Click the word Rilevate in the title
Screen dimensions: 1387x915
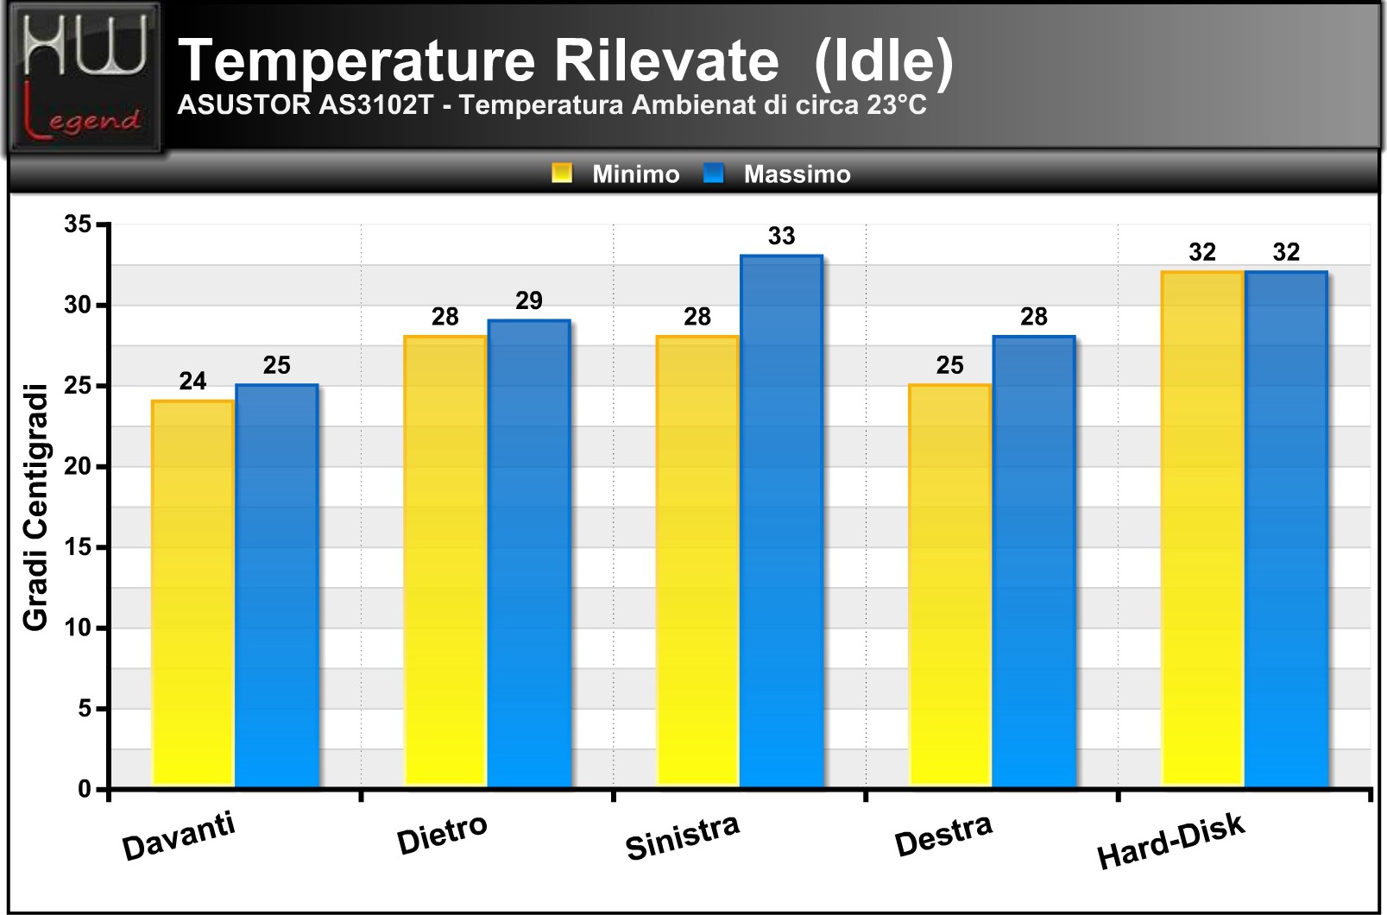(666, 60)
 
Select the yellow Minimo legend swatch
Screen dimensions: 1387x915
(562, 173)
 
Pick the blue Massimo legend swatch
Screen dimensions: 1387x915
(714, 173)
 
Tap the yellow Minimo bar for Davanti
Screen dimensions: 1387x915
(192, 594)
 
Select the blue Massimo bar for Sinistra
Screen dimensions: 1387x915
(781, 521)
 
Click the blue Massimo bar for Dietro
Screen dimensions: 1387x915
(529, 553)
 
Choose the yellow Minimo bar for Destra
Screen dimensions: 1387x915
(950, 585)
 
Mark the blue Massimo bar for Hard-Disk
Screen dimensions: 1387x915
(1286, 529)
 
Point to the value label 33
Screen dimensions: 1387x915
(781, 236)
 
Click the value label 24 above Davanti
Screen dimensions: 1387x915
(192, 382)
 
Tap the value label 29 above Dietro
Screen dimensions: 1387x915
(529, 301)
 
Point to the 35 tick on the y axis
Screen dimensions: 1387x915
(78, 224)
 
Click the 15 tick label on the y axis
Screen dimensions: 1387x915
(78, 547)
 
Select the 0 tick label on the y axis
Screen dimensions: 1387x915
(85, 789)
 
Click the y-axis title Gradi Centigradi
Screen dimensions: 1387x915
(35, 508)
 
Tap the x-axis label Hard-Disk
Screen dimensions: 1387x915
(1171, 842)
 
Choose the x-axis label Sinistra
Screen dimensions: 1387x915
(683, 838)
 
